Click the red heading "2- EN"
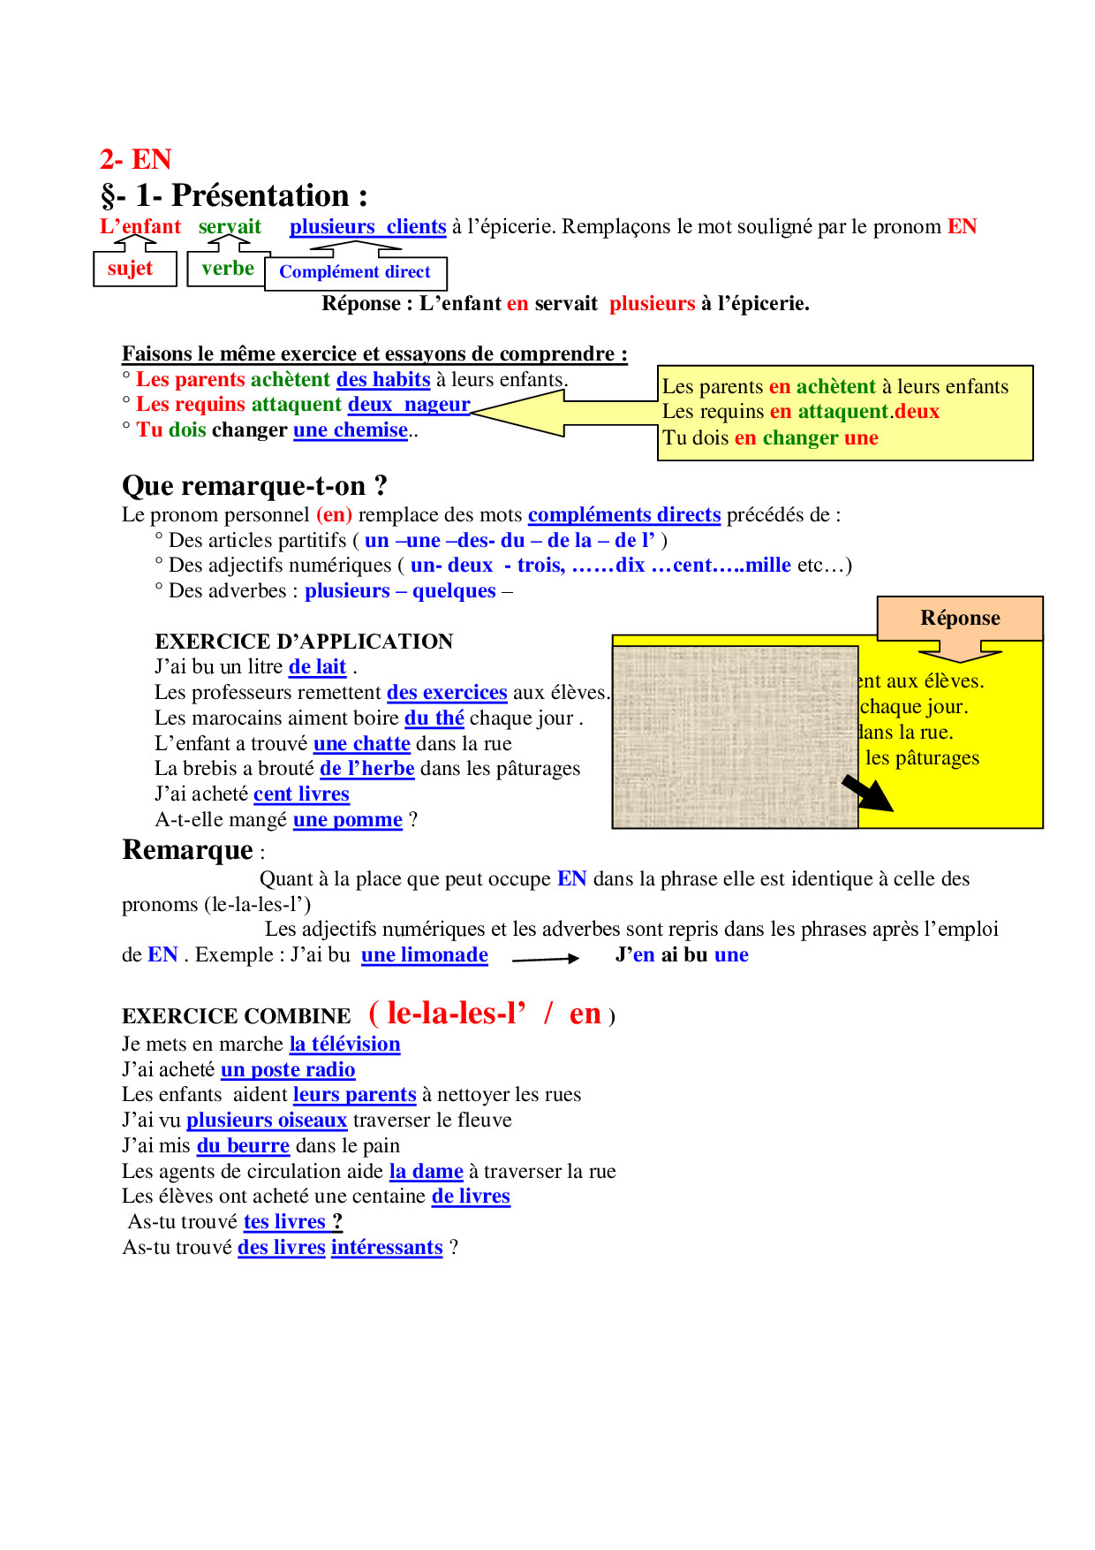[x=135, y=160]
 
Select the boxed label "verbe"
[x=227, y=269]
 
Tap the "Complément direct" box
[x=355, y=272]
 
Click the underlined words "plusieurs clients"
[x=367, y=227]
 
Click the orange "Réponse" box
[x=960, y=618]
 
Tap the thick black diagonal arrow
[x=867, y=793]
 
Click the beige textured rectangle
[x=735, y=736]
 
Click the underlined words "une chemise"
[x=351, y=430]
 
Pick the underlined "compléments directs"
[x=624, y=515]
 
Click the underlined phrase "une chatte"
[x=362, y=744]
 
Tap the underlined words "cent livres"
[x=301, y=794]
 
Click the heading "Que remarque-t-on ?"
[x=254, y=486]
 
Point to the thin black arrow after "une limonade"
[x=545, y=958]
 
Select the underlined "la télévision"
[x=344, y=1045]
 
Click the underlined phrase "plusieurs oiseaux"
[x=267, y=1121]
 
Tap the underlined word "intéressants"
[x=387, y=1248]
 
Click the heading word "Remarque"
[x=188, y=850]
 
